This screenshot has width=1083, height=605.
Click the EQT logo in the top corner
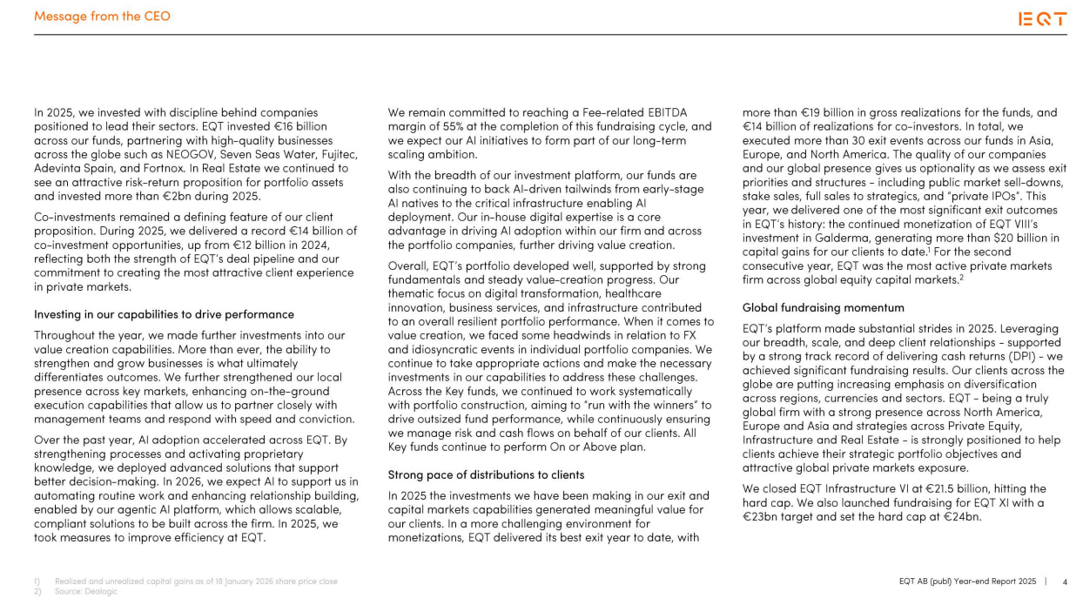(1042, 19)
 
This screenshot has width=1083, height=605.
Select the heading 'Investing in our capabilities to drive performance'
(164, 314)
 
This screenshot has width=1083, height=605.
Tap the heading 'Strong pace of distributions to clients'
(486, 474)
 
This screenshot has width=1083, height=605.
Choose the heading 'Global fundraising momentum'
(823, 307)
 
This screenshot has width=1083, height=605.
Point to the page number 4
(1065, 581)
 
